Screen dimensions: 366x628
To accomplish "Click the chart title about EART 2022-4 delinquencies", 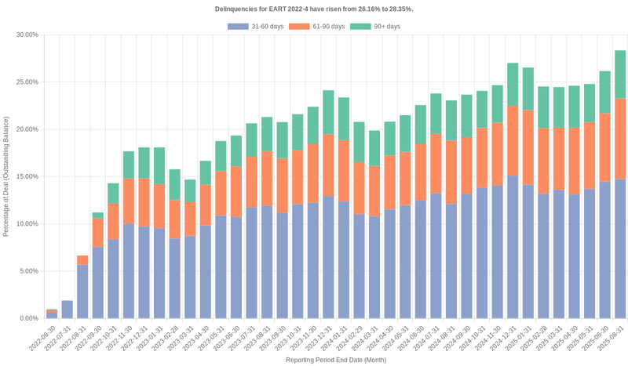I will tap(314, 9).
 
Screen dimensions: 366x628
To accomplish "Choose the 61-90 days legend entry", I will tap(316, 27).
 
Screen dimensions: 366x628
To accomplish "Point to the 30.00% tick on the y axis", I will tap(27, 34).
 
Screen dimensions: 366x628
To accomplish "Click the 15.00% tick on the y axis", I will tap(27, 176).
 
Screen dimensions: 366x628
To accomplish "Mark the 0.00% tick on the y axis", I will tap(28, 318).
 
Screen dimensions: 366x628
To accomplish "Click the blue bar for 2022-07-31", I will tap(67, 310).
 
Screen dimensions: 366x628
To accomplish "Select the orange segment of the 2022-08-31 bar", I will tap(82, 260).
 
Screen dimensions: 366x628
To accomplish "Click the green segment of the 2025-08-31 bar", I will tap(620, 74).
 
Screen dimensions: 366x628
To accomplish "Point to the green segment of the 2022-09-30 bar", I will tap(97, 216).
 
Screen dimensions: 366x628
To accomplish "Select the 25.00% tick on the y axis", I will tap(27, 82).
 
